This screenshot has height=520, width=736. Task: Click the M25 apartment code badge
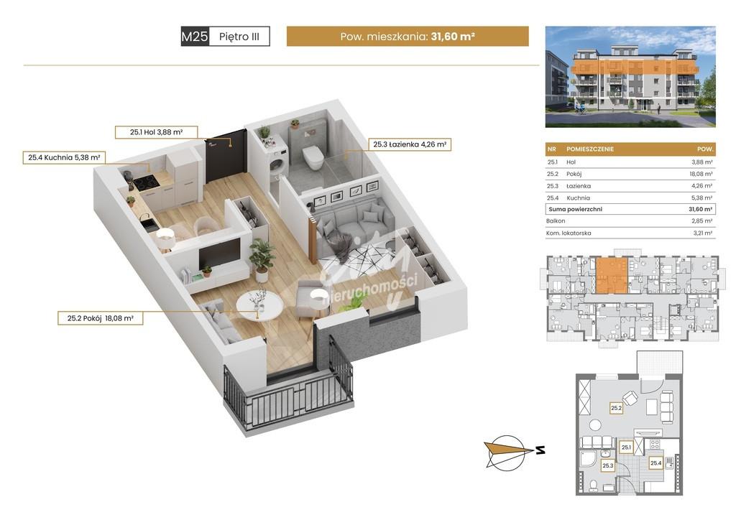coord(194,37)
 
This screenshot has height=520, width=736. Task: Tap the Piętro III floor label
coord(239,37)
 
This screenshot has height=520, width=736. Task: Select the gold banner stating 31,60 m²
coord(408,36)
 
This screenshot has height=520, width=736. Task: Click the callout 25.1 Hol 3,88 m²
coord(156,132)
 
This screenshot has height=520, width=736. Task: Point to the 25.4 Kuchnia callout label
coord(64,157)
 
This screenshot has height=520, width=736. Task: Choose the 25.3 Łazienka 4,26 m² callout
coord(409,144)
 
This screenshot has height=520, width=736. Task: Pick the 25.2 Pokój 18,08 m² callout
coord(101,318)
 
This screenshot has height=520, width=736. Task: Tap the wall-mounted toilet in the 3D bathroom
coord(313,157)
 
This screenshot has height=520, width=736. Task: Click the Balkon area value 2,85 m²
coord(702,220)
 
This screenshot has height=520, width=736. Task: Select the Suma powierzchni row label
coord(575,209)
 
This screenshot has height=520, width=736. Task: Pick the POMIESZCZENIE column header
coord(590,149)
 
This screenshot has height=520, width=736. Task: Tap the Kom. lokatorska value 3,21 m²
coord(703,233)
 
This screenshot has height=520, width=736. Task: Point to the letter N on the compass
coord(540,450)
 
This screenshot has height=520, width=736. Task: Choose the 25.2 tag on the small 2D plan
coord(616,408)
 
